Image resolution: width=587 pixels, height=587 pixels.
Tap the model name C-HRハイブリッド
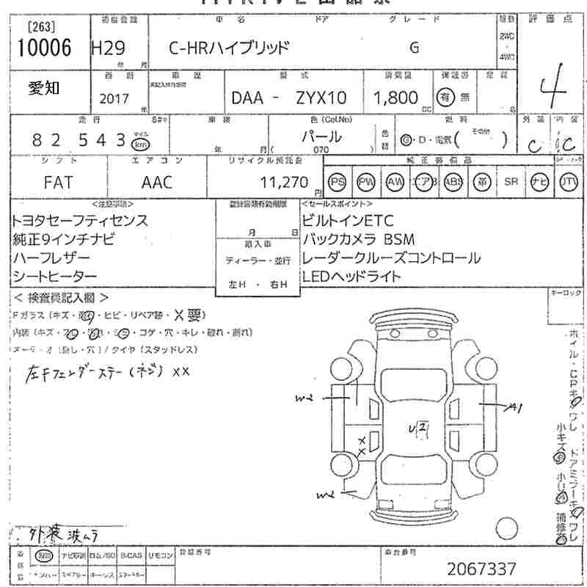pos(229,48)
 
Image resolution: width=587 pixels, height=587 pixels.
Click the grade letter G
pos(414,48)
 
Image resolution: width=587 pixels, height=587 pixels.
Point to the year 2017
pos(113,98)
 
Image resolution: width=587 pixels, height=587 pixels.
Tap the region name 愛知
pos(45,88)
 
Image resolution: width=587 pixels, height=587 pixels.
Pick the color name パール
pos(321,136)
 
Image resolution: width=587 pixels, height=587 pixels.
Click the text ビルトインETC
pos(348,220)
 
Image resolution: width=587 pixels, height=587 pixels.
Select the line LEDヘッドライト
pos(351,277)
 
